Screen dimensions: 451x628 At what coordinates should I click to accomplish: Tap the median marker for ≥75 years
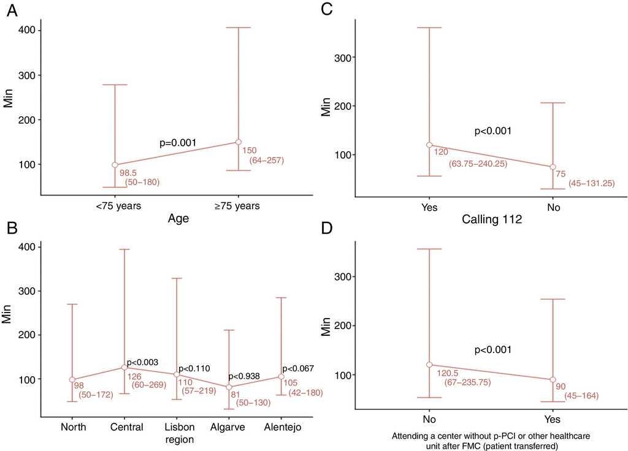pos(239,142)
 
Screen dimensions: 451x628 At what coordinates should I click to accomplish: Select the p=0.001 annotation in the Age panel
pos(178,143)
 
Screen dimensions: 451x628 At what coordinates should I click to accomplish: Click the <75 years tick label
pos(118,206)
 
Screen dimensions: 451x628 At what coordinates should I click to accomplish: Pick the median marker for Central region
pos(124,368)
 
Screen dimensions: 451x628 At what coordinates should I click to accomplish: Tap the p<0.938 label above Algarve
pos(248,377)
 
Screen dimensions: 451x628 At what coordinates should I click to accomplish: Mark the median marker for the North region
pos(72,380)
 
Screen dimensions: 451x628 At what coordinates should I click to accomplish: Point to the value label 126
pos(134,377)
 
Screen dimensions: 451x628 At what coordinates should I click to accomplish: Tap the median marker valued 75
pos(553,167)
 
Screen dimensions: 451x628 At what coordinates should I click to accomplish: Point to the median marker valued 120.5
pos(429,365)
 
